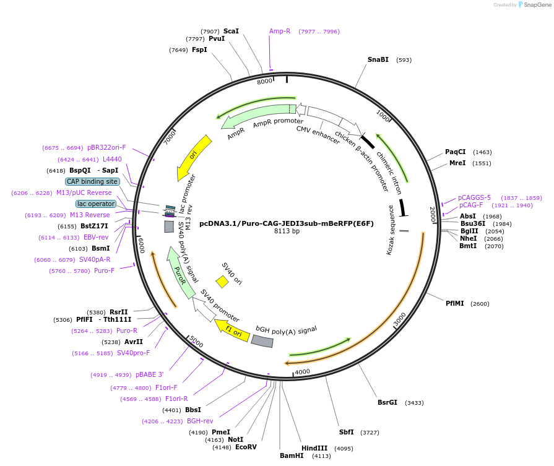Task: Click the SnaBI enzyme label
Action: (x=378, y=60)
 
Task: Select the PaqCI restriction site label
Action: (x=455, y=152)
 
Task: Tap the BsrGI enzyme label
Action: (x=387, y=402)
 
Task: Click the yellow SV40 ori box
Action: (x=222, y=282)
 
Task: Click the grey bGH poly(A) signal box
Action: (x=262, y=341)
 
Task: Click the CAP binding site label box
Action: (x=92, y=182)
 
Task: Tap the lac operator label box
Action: (x=96, y=204)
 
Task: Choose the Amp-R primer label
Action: (x=280, y=31)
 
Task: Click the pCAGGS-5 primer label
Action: (x=474, y=197)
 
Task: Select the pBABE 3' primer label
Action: (x=150, y=375)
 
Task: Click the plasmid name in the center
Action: (x=287, y=223)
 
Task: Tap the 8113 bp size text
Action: (x=287, y=231)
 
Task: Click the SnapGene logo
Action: (x=532, y=5)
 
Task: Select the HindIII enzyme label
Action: (x=314, y=448)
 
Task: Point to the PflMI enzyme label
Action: (x=454, y=303)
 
